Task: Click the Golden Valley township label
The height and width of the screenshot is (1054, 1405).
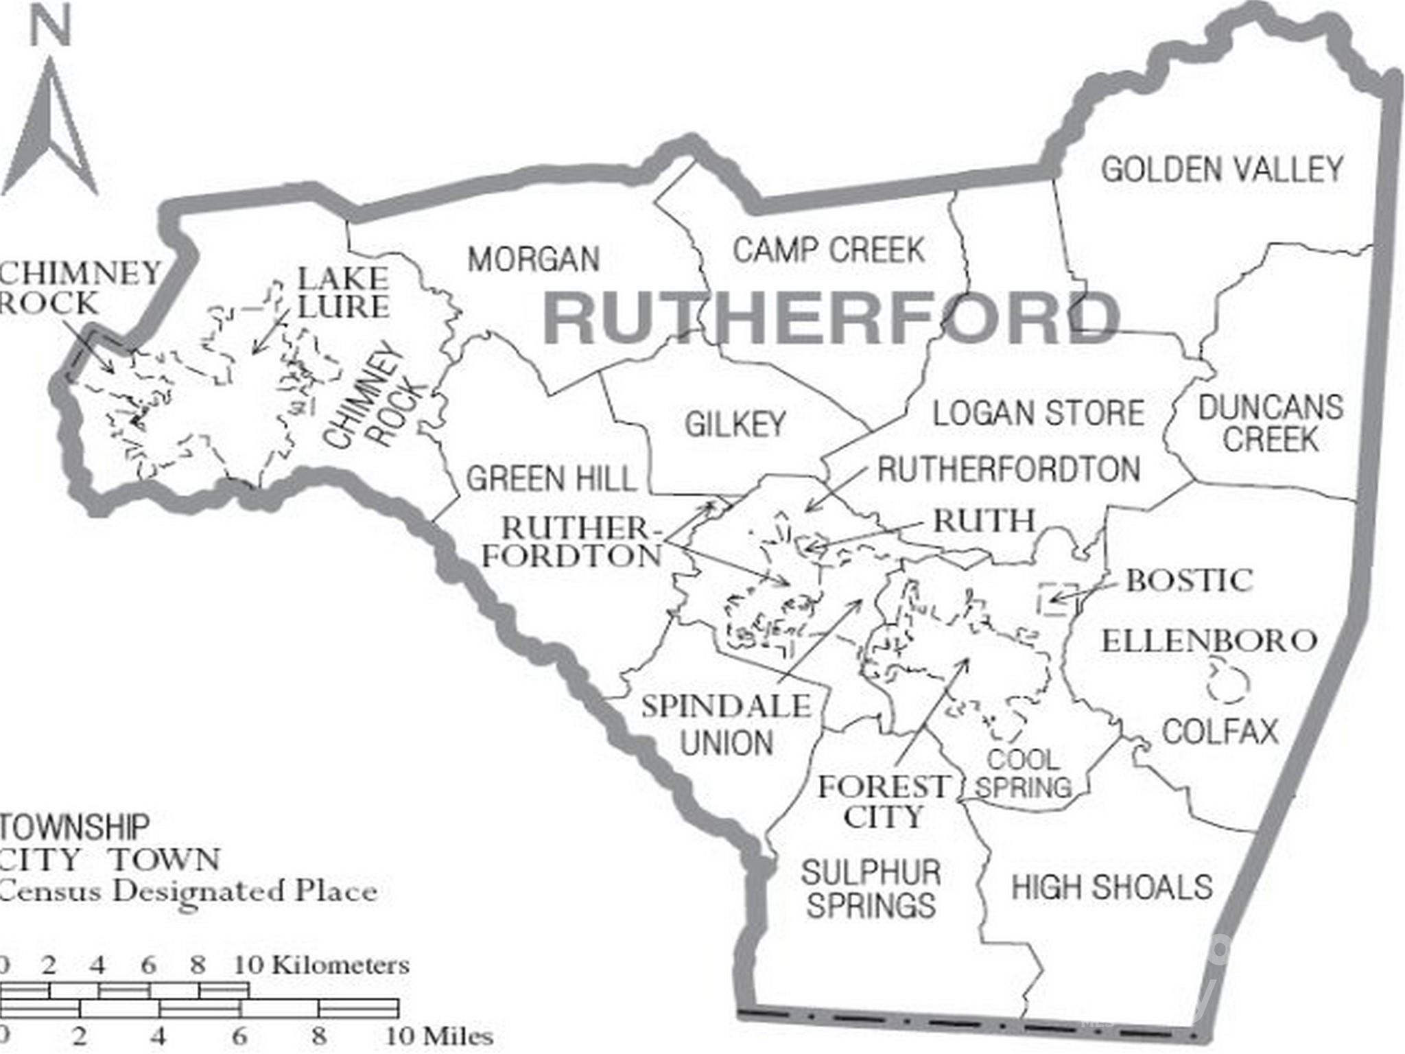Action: (1222, 169)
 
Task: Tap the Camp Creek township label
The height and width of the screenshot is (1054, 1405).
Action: (829, 250)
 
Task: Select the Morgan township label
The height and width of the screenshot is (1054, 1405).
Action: (534, 259)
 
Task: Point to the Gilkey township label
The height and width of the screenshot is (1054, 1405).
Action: (735, 423)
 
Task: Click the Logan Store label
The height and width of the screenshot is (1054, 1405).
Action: (1038, 413)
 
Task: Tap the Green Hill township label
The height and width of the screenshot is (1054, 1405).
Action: (551, 478)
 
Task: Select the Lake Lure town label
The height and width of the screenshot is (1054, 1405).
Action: (343, 292)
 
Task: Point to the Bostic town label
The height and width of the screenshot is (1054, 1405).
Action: (1189, 581)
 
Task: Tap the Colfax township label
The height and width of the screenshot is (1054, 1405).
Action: (1220, 731)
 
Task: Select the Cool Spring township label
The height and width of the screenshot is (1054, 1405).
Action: (1023, 773)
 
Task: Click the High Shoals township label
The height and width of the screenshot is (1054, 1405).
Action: (1112, 887)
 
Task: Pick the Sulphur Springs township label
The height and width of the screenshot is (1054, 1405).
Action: (871, 889)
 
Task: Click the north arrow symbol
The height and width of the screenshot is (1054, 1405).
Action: (51, 130)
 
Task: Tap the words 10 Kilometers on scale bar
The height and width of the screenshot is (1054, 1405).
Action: (321, 965)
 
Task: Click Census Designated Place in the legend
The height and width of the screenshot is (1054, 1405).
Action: (189, 891)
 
